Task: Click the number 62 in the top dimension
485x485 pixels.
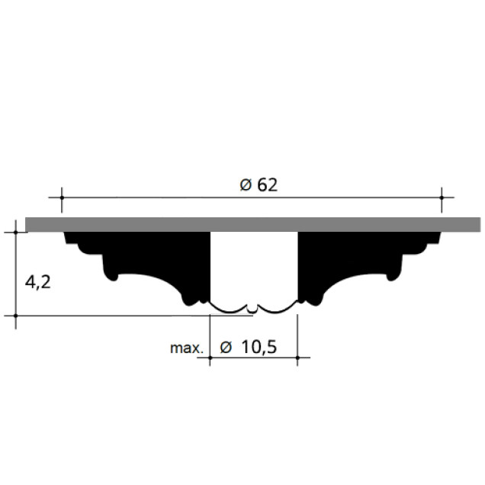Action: click(268, 185)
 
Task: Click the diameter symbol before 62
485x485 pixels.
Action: click(246, 185)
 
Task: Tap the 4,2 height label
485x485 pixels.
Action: click(37, 282)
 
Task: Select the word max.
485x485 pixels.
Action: click(187, 348)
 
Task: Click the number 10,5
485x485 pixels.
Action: click(259, 347)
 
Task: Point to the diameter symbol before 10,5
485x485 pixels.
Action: click(226, 347)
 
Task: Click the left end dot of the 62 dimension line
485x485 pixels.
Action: click(62, 198)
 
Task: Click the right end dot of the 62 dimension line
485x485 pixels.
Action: click(442, 198)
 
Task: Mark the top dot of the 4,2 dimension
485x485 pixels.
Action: click(16, 232)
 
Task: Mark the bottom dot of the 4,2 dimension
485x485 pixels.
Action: click(16, 316)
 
